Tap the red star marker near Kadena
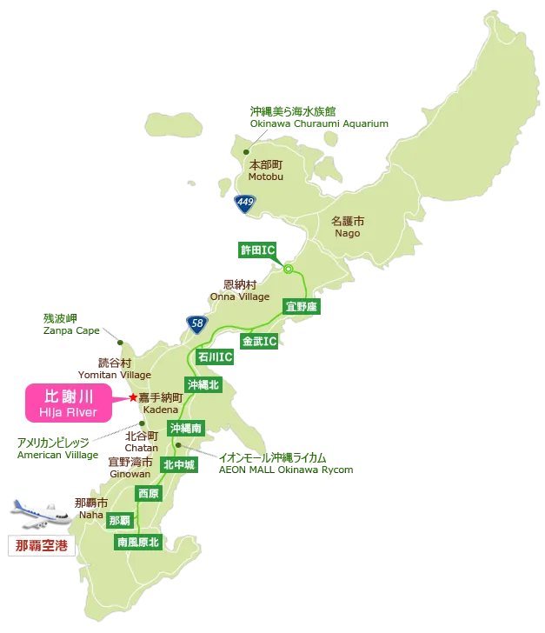(132, 397)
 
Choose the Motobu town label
(266, 170)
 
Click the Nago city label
(347, 227)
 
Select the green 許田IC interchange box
(257, 250)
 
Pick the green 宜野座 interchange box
(302, 307)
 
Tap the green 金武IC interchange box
(260, 340)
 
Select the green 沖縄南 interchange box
(186, 428)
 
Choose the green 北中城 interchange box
(180, 465)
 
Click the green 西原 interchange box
(148, 493)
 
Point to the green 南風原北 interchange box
(138, 542)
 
